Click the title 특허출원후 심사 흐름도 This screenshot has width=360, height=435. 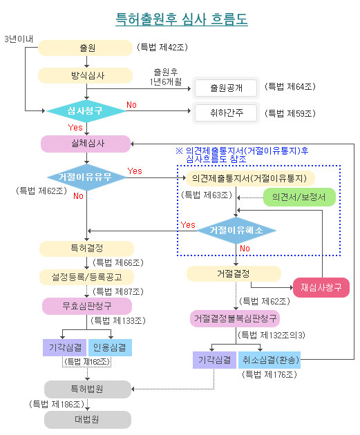(182, 19)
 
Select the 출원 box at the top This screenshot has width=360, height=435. (85, 48)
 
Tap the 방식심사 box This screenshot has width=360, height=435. (85, 75)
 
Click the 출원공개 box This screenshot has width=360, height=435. (226, 88)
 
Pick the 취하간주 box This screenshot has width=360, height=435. (226, 113)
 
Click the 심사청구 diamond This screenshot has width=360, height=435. (86, 111)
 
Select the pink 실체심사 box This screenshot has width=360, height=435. (86, 144)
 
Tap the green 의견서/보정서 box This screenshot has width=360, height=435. (299, 197)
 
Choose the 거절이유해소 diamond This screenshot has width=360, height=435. (236, 231)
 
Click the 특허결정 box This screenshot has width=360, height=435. (86, 249)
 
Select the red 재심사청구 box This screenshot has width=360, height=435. (321, 287)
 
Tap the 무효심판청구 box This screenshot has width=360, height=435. (87, 307)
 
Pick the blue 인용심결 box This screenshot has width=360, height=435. (110, 347)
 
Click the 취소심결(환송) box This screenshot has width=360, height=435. (269, 360)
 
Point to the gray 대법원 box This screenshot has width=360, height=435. (88, 420)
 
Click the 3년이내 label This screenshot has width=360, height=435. (19, 39)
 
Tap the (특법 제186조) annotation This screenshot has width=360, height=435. (57, 404)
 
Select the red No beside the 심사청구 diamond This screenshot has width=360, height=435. (131, 105)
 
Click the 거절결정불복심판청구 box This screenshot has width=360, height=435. (235, 318)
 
